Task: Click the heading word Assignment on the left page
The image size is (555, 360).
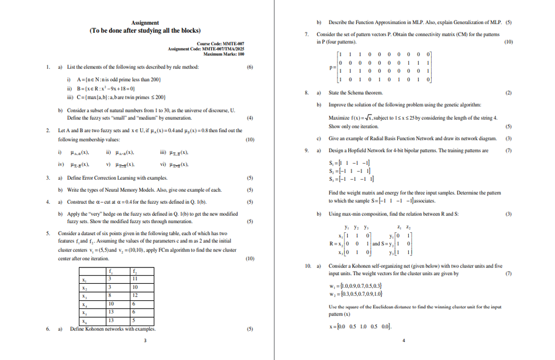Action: (x=145, y=22)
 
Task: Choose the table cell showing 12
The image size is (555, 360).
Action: (x=135, y=295)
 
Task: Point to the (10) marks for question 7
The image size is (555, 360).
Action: (x=508, y=42)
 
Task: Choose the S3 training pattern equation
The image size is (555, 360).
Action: (x=350, y=178)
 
